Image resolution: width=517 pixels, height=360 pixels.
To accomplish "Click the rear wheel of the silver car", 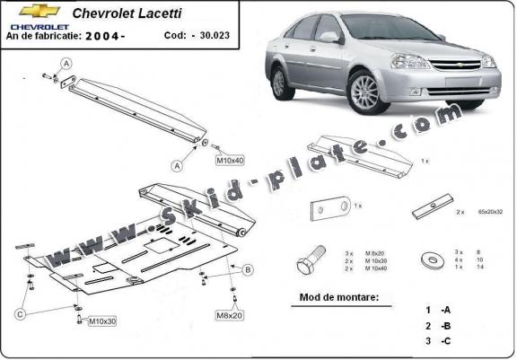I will (x=282, y=82).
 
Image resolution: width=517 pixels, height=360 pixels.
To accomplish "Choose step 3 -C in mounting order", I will (x=438, y=340).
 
